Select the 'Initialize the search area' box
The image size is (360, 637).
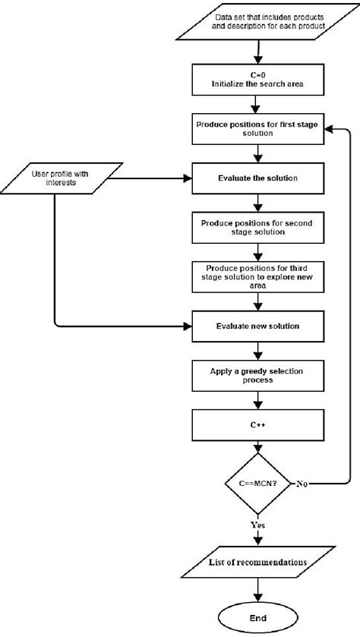259,80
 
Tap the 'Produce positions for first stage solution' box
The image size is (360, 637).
259,129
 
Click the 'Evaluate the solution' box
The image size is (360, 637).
259,178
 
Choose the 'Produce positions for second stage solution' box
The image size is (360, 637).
259,228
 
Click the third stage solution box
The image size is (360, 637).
259,277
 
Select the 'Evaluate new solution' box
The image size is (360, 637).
259,326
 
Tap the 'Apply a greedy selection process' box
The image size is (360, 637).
259,376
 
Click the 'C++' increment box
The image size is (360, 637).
259,425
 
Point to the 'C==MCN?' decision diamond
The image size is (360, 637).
259,483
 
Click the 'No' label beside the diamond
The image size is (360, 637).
303,483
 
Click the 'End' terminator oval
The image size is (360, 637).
259,619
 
